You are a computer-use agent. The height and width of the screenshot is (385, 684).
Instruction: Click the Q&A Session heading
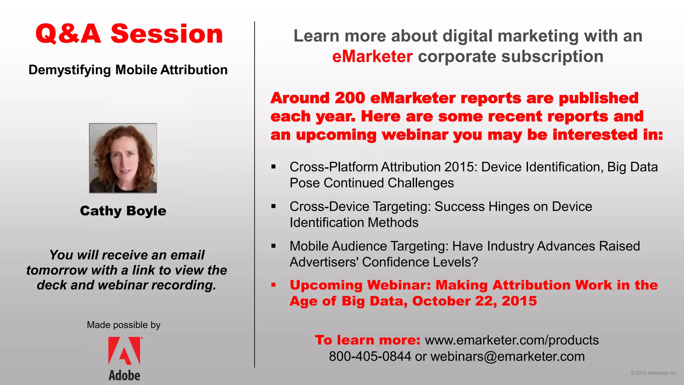click(129, 34)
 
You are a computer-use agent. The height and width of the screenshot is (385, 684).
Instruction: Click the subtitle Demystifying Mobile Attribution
click(128, 70)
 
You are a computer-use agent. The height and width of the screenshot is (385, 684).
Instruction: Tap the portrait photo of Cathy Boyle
click(123, 158)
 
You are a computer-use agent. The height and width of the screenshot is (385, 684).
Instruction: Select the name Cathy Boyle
click(123, 211)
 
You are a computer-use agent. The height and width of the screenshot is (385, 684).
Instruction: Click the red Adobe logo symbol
click(124, 351)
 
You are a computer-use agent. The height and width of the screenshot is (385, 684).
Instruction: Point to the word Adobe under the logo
click(124, 376)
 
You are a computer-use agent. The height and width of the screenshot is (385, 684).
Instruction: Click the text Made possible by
click(124, 325)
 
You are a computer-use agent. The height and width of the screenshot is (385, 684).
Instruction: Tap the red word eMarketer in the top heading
click(372, 56)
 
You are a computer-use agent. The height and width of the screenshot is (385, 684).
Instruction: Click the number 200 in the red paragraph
click(350, 98)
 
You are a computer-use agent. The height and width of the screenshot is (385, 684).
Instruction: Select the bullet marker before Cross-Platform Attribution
click(274, 166)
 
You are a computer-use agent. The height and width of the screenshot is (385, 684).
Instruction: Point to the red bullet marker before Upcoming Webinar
click(274, 285)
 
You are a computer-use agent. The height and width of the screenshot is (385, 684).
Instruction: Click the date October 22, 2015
click(474, 301)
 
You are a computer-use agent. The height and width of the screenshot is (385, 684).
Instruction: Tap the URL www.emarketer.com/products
click(512, 340)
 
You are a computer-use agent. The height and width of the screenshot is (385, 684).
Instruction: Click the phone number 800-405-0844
click(370, 357)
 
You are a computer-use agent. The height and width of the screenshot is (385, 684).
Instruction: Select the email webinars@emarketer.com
click(507, 357)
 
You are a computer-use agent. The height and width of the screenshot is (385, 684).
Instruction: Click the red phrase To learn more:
click(367, 340)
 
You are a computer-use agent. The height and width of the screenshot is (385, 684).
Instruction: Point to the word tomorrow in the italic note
click(56, 270)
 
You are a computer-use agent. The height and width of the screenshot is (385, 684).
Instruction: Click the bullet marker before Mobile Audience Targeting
click(274, 246)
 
